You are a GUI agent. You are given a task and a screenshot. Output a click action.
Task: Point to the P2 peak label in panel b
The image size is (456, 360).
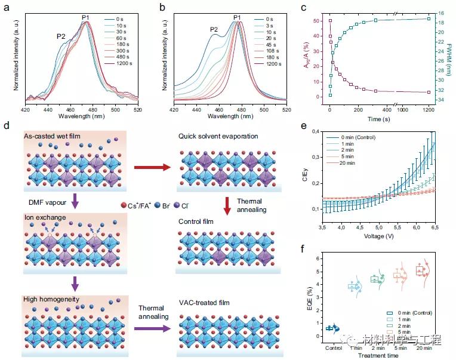pyautogui.click(x=214, y=29)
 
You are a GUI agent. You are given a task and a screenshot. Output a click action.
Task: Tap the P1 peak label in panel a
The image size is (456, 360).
pyautogui.click(x=86, y=18)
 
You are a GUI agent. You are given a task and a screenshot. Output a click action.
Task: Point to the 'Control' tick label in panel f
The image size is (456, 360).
pyautogui.click(x=334, y=347)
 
